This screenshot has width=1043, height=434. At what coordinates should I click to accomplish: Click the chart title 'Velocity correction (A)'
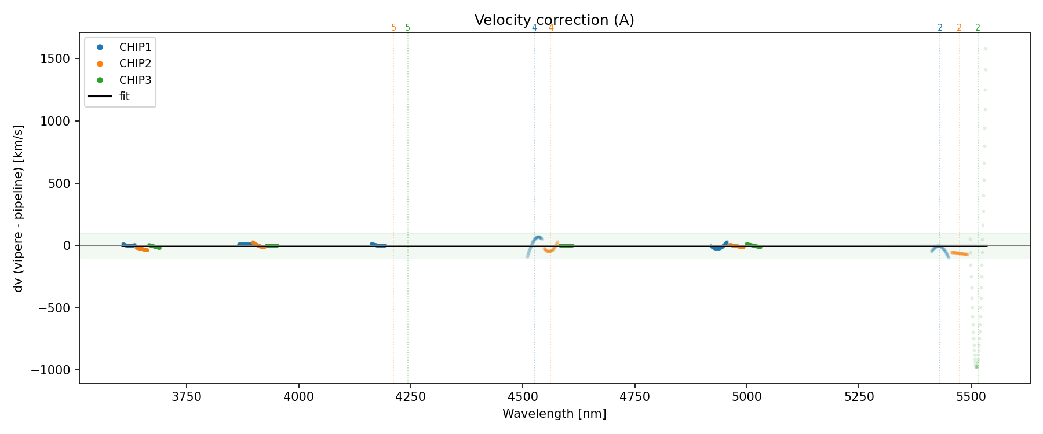[x=554, y=20]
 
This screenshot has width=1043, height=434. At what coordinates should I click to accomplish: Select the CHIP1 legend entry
[x=135, y=47]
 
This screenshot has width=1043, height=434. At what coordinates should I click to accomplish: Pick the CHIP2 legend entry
[x=135, y=64]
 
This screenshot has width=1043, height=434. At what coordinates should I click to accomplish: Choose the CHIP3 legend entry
[x=135, y=80]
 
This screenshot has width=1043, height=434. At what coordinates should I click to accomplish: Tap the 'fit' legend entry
[x=125, y=97]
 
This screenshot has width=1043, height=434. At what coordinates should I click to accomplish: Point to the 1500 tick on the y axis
[x=56, y=59]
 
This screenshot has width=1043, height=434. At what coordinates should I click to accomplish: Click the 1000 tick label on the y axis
[x=56, y=121]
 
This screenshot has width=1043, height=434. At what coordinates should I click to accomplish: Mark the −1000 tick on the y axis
[x=54, y=370]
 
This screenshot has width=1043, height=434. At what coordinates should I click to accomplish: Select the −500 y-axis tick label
[x=57, y=308]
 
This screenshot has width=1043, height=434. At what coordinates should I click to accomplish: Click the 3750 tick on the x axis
[x=187, y=397]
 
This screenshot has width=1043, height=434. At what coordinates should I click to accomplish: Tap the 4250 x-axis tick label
[x=411, y=397]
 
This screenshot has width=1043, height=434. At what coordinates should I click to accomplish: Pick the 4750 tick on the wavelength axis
[x=635, y=397]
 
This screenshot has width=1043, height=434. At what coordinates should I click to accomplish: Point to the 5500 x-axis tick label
[x=971, y=397]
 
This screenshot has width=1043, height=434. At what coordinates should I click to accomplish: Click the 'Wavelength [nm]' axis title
[x=554, y=414]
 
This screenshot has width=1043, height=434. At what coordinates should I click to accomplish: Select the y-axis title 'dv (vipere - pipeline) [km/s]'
[x=19, y=208]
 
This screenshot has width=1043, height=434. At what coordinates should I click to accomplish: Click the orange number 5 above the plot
[x=393, y=28]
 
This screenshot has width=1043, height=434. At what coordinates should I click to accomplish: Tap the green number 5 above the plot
[x=407, y=28]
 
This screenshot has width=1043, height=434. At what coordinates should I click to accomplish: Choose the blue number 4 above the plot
[x=534, y=28]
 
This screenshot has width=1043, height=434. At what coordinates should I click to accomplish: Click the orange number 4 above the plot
[x=550, y=28]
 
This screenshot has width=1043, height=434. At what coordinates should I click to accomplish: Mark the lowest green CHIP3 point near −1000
[x=976, y=367]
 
